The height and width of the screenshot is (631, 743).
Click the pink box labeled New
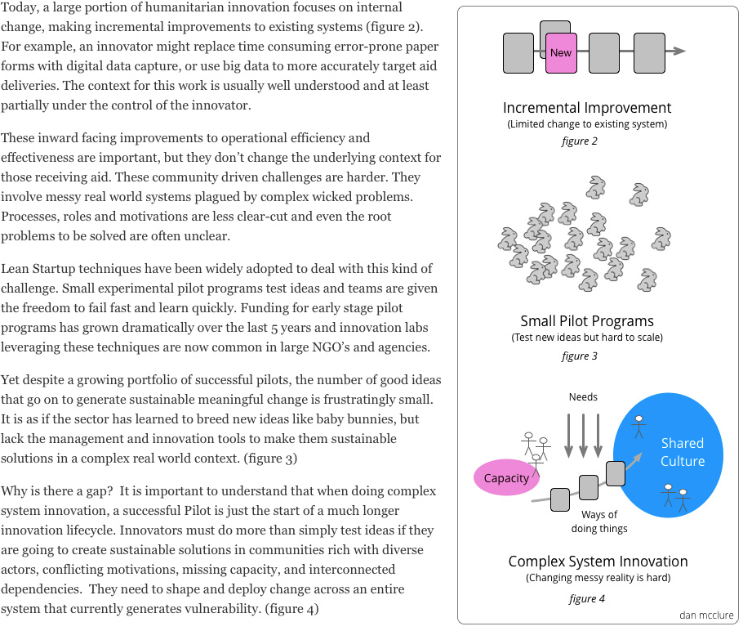tap(561, 52)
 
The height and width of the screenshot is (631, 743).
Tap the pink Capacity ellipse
tap(506, 478)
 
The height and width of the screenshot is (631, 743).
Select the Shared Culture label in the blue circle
tap(682, 452)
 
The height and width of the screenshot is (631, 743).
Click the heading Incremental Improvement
tap(586, 108)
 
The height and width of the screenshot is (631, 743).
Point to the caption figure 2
tap(580, 141)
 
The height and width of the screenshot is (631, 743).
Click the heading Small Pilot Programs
tap(586, 321)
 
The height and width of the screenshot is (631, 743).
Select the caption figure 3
tap(580, 356)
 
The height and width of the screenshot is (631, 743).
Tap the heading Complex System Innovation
tap(598, 562)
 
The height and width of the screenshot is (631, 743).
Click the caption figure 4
tap(586, 598)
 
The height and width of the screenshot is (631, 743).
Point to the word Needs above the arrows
tap(583, 397)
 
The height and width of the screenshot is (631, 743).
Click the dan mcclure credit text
tap(706, 615)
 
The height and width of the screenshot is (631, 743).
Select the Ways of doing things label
tap(599, 521)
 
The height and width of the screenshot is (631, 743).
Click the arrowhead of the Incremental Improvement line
tap(679, 51)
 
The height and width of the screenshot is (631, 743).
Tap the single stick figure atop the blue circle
tap(639, 426)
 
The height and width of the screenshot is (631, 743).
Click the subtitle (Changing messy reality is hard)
tap(598, 578)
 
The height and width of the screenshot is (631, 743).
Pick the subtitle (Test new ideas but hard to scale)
tap(586, 338)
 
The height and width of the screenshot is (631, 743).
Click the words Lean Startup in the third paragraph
tap(36, 269)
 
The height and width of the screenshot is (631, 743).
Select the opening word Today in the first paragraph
tap(19, 7)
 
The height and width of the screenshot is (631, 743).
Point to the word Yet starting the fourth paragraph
tap(11, 380)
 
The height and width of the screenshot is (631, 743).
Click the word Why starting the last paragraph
tap(14, 491)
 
